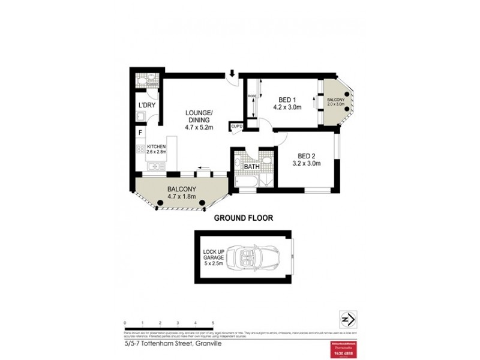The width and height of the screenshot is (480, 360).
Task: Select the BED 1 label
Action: pyautogui.click(x=287, y=100)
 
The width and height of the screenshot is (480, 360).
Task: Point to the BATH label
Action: pyautogui.click(x=243, y=166)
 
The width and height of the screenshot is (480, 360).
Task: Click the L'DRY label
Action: pyautogui.click(x=146, y=106)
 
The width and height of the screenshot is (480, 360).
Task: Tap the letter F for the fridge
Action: pyautogui.click(x=140, y=133)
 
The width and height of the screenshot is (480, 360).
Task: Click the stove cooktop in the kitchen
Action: pyautogui.click(x=140, y=148)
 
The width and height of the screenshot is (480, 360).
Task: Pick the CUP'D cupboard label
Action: pyautogui.click(x=236, y=127)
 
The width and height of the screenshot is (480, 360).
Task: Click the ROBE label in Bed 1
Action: pyautogui.click(x=251, y=94)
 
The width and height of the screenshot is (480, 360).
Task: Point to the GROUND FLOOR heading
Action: pyautogui.click(x=244, y=218)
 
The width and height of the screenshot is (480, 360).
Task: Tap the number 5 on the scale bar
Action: pyautogui.click(x=213, y=323)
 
